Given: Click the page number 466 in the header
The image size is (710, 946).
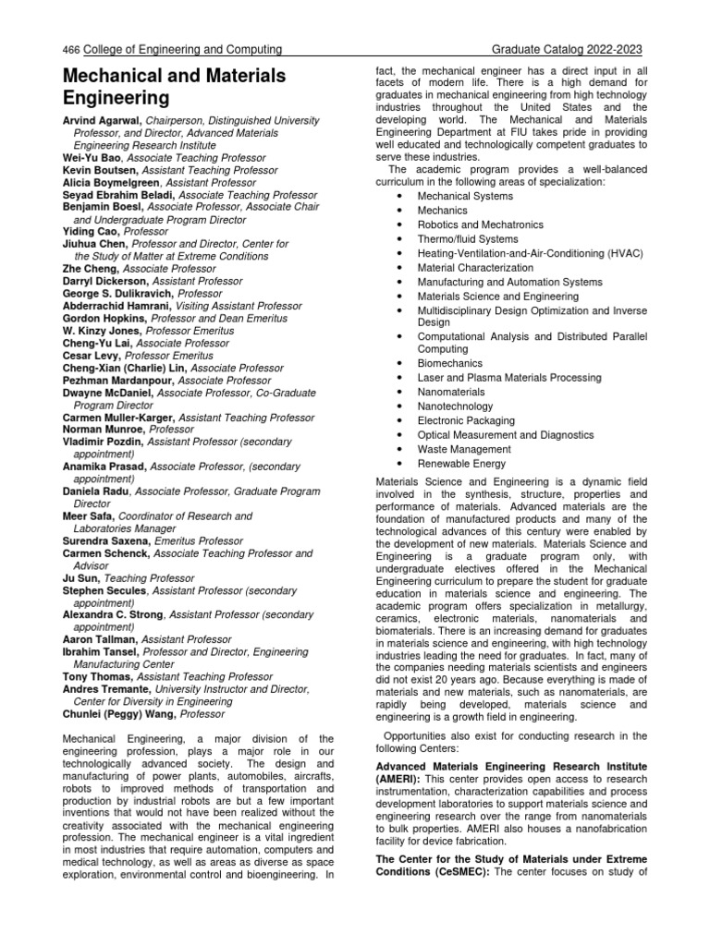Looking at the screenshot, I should pos(70,49).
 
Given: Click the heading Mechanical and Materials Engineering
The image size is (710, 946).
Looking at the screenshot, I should pos(174,86).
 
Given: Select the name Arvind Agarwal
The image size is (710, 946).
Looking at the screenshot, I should pos(104,120).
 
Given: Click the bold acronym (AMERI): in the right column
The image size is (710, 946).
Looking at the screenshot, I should pos(398,779).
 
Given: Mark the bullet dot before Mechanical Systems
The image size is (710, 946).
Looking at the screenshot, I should pos(398,196).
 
